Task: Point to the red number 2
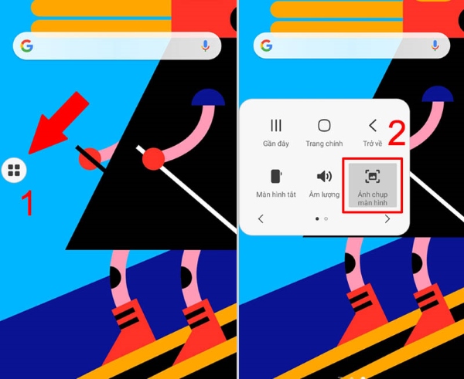[x=397, y=134]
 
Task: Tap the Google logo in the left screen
[x=27, y=46]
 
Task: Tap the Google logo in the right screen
[x=267, y=46]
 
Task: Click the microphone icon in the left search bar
[x=206, y=46]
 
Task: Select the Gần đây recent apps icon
[x=275, y=126]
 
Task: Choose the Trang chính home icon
[x=324, y=126]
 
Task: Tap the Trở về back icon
[x=373, y=126]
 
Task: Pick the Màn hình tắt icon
[x=275, y=176]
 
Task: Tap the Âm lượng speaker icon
[x=324, y=176]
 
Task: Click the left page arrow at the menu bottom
[x=261, y=219]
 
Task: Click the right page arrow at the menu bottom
[x=387, y=219]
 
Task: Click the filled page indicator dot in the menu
[x=318, y=219]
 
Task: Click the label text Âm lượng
[x=324, y=195]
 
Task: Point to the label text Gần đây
[x=275, y=144]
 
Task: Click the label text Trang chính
[x=324, y=144]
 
